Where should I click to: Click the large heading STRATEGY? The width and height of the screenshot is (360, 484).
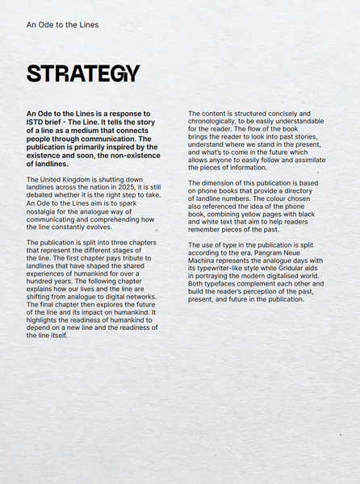point(83,73)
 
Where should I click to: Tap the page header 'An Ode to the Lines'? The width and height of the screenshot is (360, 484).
point(62,25)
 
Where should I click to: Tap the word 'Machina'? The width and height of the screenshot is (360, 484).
point(204,259)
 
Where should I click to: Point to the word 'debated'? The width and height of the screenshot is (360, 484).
point(44,195)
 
